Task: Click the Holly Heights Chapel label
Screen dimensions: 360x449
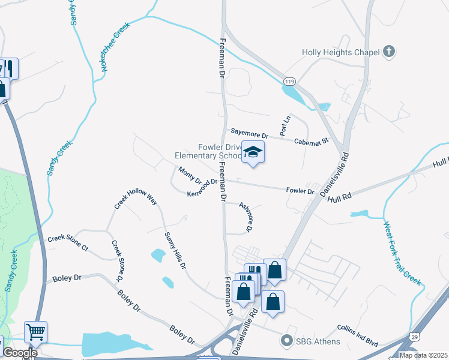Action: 340,52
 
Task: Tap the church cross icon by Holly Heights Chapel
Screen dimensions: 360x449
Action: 389,52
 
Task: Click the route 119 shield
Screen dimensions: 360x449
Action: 291,80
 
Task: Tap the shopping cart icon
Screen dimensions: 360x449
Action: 35,331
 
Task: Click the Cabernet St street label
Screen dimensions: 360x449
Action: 312,141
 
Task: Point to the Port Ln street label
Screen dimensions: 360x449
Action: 285,125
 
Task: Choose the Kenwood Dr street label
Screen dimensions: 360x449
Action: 202,188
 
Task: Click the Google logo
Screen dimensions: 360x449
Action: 20,353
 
